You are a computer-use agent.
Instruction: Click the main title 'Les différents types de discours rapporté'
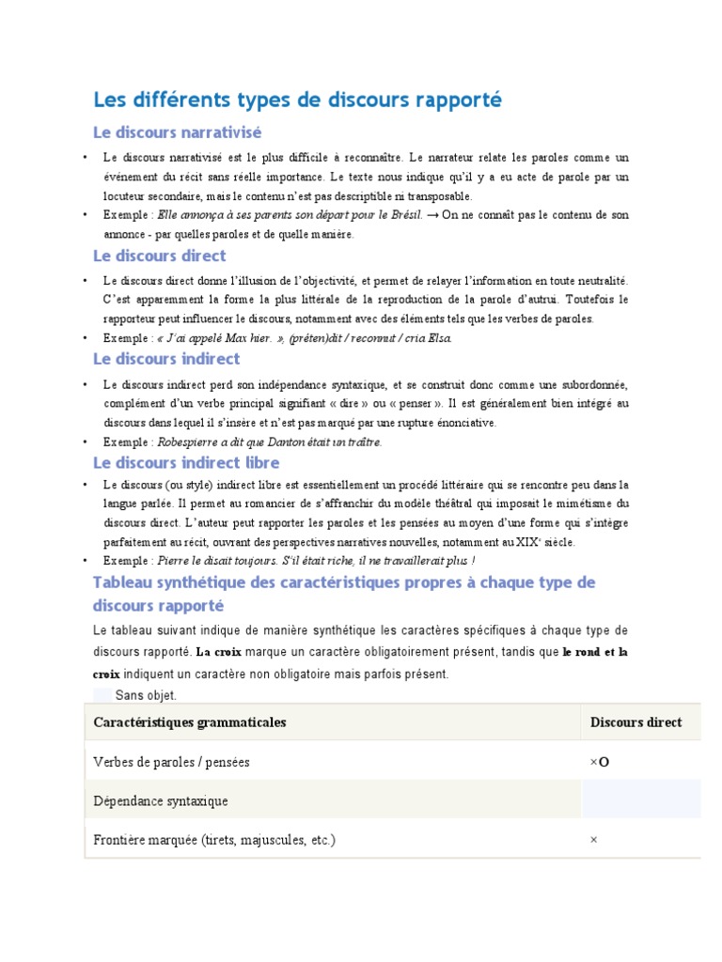click(297, 100)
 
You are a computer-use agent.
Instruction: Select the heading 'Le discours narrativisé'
click(177, 132)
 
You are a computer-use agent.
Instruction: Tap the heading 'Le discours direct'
click(159, 256)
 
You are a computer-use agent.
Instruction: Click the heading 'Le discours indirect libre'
click(186, 462)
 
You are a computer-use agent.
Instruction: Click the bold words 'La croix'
click(218, 651)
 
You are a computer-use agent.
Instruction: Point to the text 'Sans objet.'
click(146, 695)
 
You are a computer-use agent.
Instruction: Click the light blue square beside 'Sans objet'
click(102, 695)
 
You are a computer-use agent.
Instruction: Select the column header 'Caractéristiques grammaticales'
click(190, 722)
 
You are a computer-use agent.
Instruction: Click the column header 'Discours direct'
click(636, 722)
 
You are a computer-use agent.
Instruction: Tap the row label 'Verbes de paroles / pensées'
click(172, 762)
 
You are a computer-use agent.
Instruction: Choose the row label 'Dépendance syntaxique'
click(161, 801)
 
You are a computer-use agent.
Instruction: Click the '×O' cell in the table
click(599, 762)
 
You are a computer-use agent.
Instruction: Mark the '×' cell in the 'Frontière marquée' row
click(593, 840)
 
